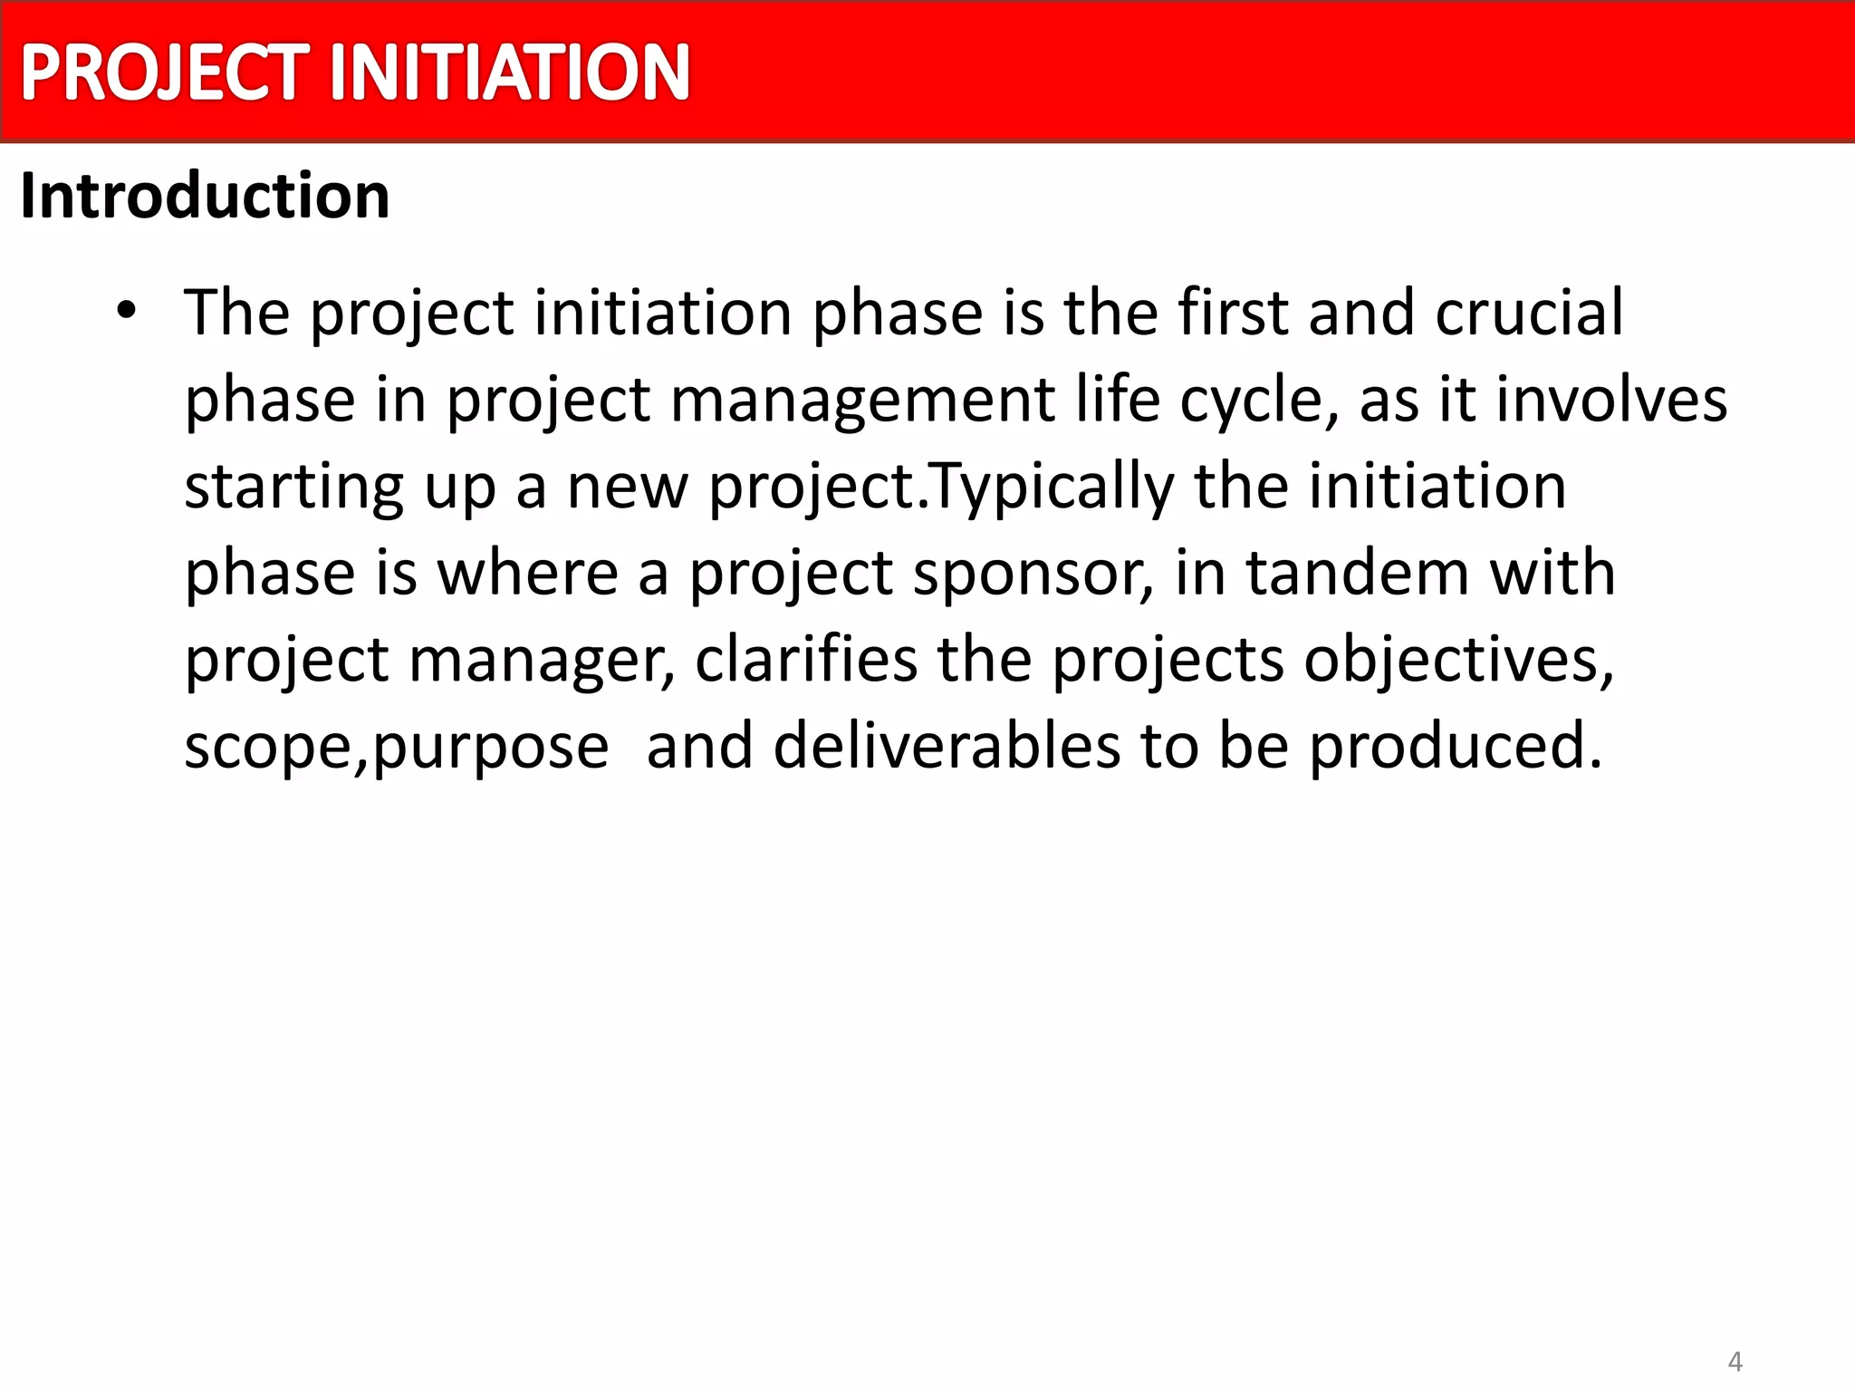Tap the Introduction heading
[x=205, y=196]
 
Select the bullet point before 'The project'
[x=126, y=311]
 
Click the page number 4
[x=1735, y=1360]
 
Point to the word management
[x=862, y=400]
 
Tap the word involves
[x=1611, y=400]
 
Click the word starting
[x=294, y=487]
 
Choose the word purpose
[x=490, y=747]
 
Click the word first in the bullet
[x=1233, y=313]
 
